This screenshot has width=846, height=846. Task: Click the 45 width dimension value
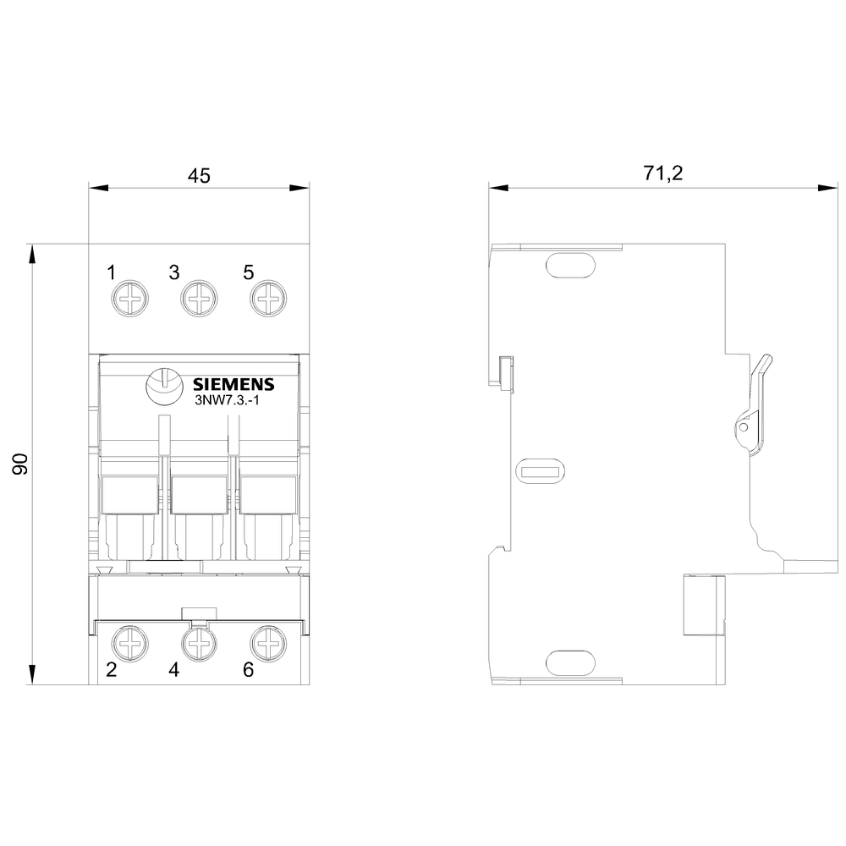click(198, 175)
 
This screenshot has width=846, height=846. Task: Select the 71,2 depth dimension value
click(663, 173)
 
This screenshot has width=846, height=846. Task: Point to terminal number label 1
click(111, 272)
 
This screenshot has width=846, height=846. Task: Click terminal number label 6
click(248, 670)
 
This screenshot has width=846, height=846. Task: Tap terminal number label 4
click(173, 670)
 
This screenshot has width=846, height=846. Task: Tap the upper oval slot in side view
click(571, 266)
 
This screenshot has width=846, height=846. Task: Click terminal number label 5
click(248, 272)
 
